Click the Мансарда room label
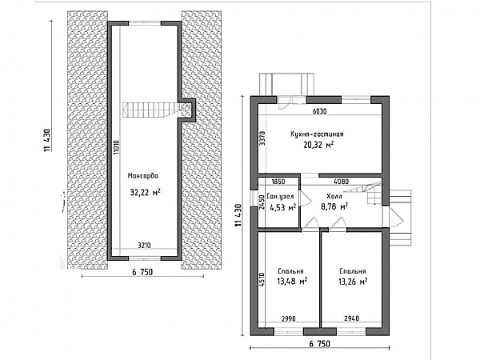tap(143, 176)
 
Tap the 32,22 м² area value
tap(145, 192)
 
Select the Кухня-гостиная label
tap(317, 134)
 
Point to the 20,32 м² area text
tap(318, 145)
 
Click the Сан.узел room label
tap(280, 196)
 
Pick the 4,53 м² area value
tap(282, 207)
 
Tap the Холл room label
tap(334, 196)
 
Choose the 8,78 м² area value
tap(334, 206)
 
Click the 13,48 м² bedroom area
tap(292, 281)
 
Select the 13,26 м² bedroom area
tap(353, 282)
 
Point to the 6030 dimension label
tap(319, 111)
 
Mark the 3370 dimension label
tap(262, 138)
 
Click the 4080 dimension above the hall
tap(341, 182)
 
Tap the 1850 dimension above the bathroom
tap(278, 182)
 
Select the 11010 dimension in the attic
tap(118, 150)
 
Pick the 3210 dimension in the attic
tap(144, 246)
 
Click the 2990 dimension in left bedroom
tap(288, 318)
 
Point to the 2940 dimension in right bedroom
tap(351, 318)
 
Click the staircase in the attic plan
tap(151, 110)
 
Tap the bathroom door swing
tap(306, 198)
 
